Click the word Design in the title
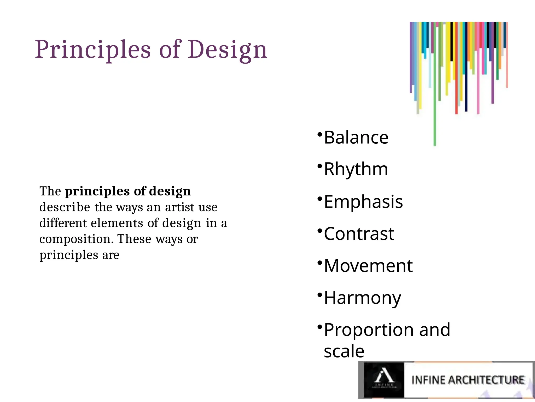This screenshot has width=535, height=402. (227, 50)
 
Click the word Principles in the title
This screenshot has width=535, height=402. (93, 50)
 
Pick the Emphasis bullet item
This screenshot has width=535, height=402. (363, 202)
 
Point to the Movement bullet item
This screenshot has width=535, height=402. (368, 266)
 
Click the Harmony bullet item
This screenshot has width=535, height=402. (362, 298)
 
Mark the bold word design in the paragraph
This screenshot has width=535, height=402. (170, 191)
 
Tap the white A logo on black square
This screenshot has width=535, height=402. (384, 376)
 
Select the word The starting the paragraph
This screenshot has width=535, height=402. (50, 191)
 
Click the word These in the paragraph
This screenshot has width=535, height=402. (134, 239)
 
